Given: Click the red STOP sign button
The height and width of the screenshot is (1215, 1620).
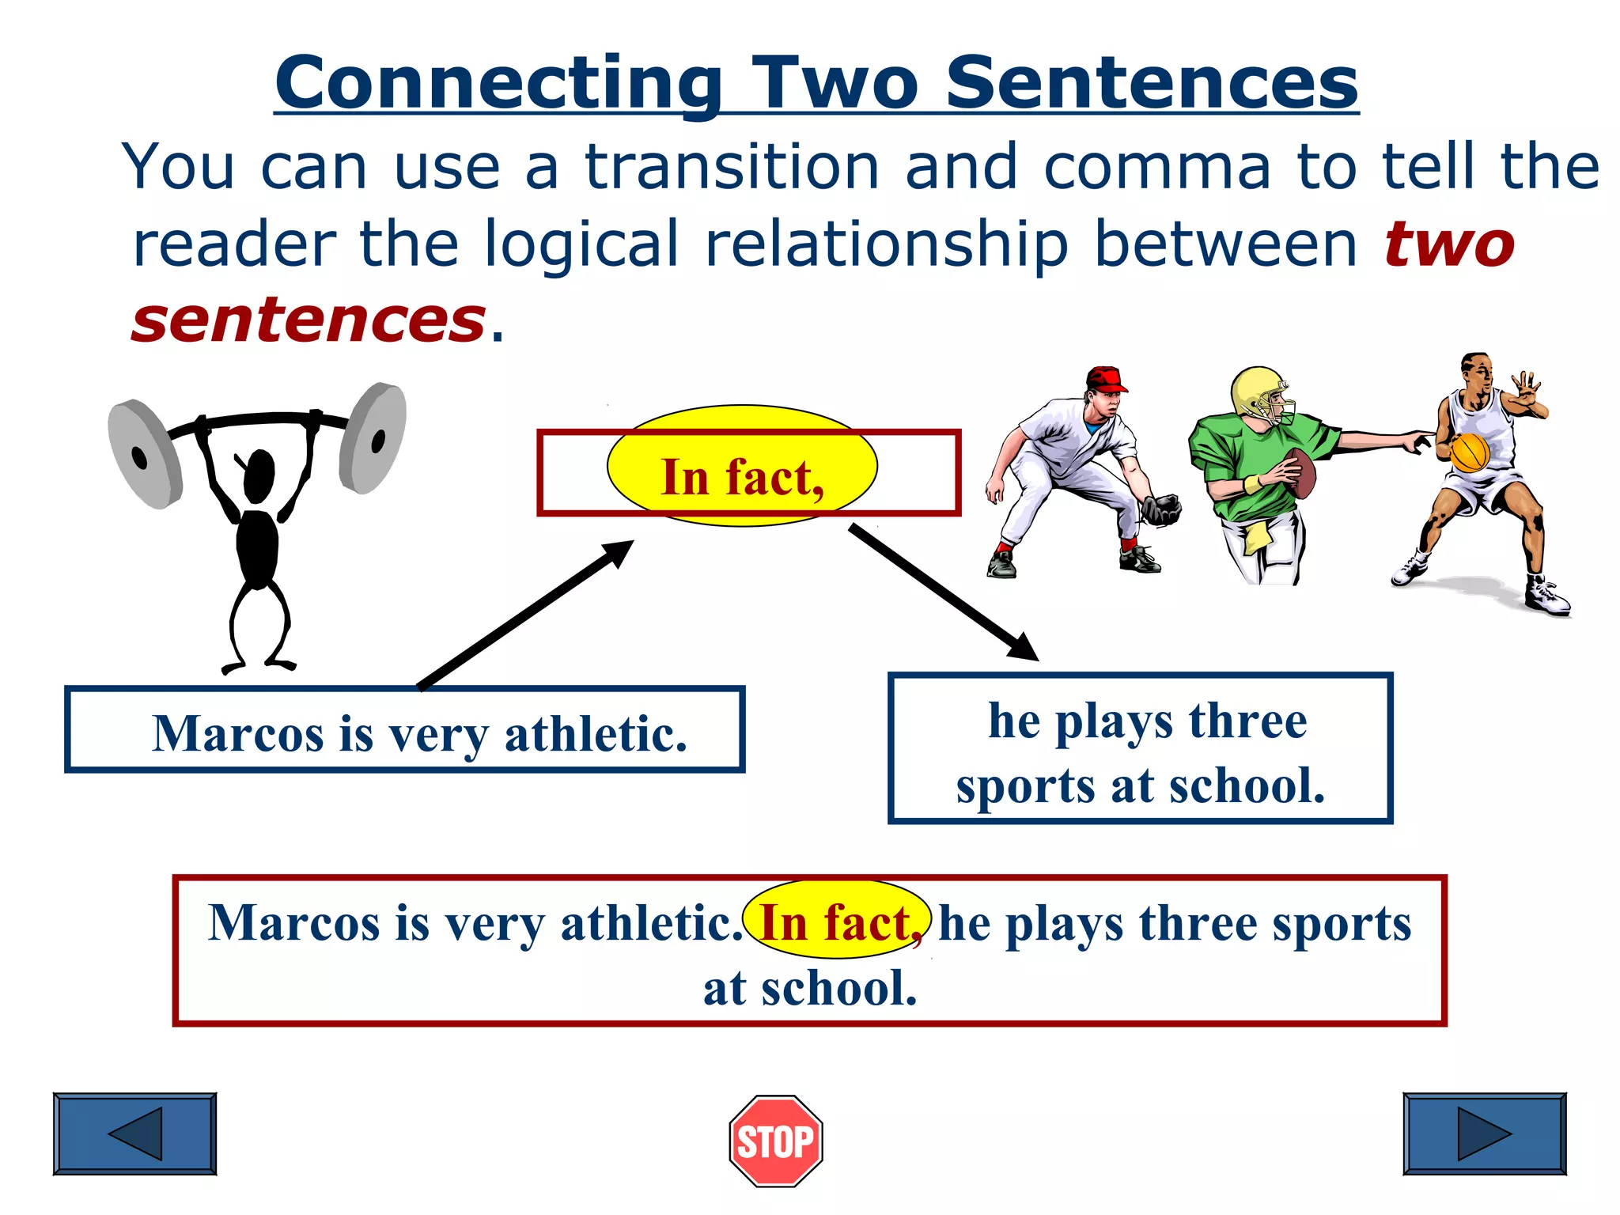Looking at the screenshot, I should (x=776, y=1141).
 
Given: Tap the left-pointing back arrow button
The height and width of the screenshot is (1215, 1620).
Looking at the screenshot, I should (x=134, y=1134).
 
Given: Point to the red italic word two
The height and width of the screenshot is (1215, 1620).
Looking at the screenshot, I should (x=1449, y=244).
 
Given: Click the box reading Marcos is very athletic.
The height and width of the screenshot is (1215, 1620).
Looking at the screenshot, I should (x=404, y=729).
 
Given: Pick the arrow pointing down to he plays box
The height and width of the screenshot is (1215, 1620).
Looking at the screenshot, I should (x=943, y=592).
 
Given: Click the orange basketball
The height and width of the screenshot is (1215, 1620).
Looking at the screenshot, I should (x=1470, y=452).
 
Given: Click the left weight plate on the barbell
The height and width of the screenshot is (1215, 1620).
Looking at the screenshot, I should (x=145, y=454).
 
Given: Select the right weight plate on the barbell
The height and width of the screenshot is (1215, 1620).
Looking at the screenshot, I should (x=373, y=437).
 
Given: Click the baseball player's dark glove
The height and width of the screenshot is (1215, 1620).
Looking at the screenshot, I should (x=1160, y=509).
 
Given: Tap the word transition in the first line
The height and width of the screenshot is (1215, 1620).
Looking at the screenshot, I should (x=732, y=167).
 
